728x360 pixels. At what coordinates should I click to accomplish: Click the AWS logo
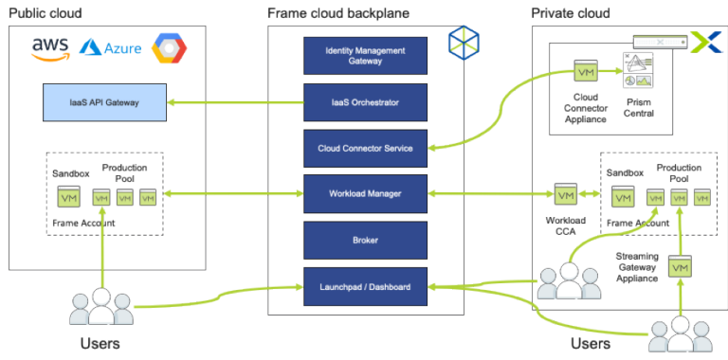click(50, 48)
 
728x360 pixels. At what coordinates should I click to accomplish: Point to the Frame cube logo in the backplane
click(464, 43)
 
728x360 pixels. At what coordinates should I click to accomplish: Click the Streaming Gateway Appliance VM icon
click(679, 268)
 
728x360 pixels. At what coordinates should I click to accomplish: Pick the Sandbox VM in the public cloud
click(68, 197)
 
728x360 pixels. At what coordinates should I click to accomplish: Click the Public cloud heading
click(45, 13)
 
